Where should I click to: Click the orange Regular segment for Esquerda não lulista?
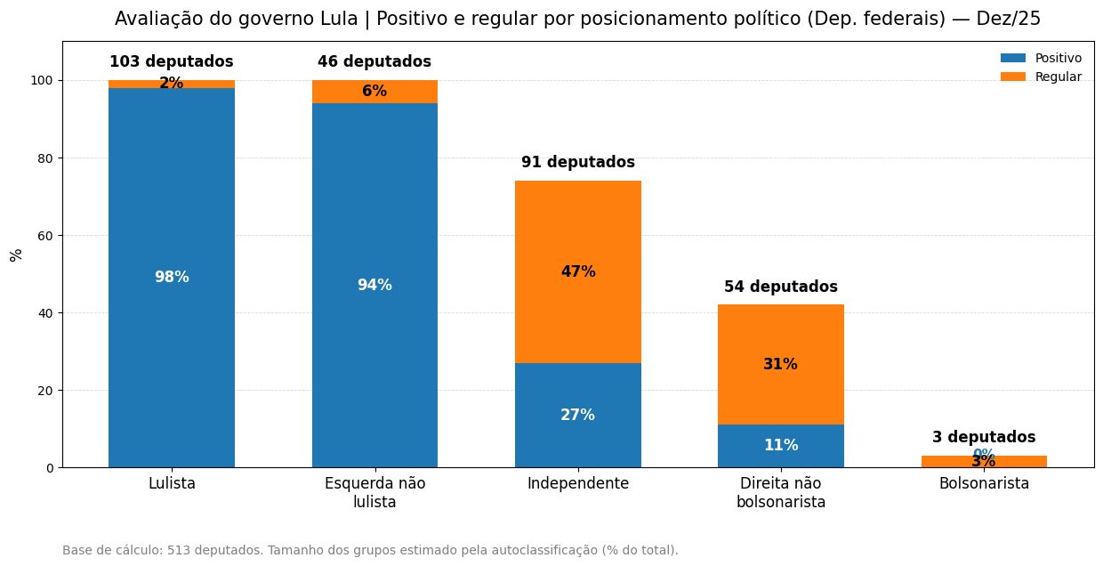374,92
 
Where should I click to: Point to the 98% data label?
172,277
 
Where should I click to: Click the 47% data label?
578,271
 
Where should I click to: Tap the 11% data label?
781,445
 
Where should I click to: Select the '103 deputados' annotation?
172,61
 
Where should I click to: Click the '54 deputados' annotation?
781,287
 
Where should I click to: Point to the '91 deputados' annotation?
578,162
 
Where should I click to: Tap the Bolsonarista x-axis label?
984,483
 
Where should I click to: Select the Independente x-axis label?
578,483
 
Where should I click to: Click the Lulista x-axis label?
172,483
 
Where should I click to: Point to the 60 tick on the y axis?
44,236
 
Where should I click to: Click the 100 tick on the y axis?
41,80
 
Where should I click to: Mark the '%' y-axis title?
16,255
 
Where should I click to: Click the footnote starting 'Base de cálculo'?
370,550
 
